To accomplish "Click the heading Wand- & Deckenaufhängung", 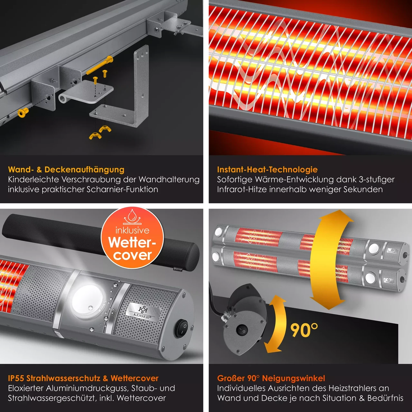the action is pyautogui.click(x=66, y=170).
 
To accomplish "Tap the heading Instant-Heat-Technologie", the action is pyautogui.click(x=267, y=170).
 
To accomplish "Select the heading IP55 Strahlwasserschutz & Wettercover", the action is pyautogui.click(x=83, y=378).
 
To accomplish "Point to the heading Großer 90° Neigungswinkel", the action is pyautogui.click(x=271, y=378).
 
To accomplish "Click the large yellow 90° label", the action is pyautogui.click(x=304, y=330).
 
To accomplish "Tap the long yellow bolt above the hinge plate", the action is pyautogui.click(x=99, y=65).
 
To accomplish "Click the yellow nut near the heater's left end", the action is pyautogui.click(x=23, y=112).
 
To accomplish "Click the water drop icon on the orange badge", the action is pyautogui.click(x=132, y=216).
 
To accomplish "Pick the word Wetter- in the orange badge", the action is pyautogui.click(x=132, y=242).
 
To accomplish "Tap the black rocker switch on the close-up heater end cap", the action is pyautogui.click(x=182, y=328).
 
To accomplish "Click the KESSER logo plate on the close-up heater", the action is pyautogui.click(x=143, y=312).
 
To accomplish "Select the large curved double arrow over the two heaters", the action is pyautogui.click(x=329, y=260).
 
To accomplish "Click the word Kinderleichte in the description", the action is pyautogui.click(x=33, y=180).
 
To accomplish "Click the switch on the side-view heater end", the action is pyautogui.click(x=242, y=331).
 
